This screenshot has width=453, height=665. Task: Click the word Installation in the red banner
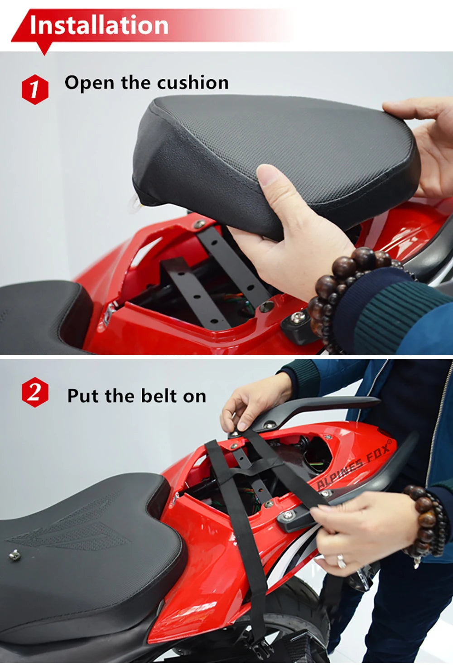(x=99, y=25)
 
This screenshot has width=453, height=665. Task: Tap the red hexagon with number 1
(x=35, y=89)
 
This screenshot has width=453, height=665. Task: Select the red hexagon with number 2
(x=35, y=392)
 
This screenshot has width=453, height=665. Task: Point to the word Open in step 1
(x=89, y=83)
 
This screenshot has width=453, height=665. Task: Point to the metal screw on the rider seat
(x=15, y=554)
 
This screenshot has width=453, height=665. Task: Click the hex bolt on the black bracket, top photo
(x=297, y=318)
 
